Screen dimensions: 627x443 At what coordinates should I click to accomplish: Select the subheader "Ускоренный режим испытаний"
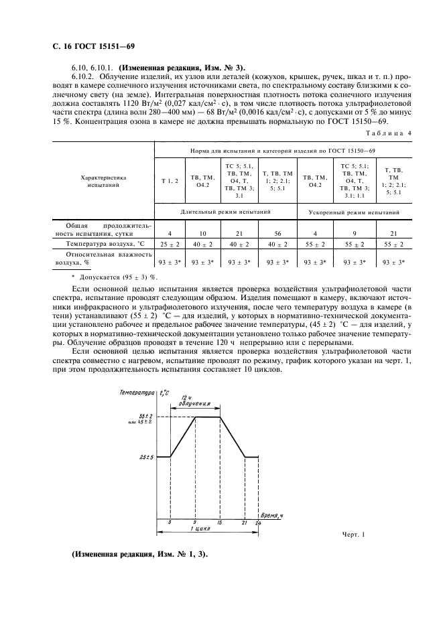click(355, 212)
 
